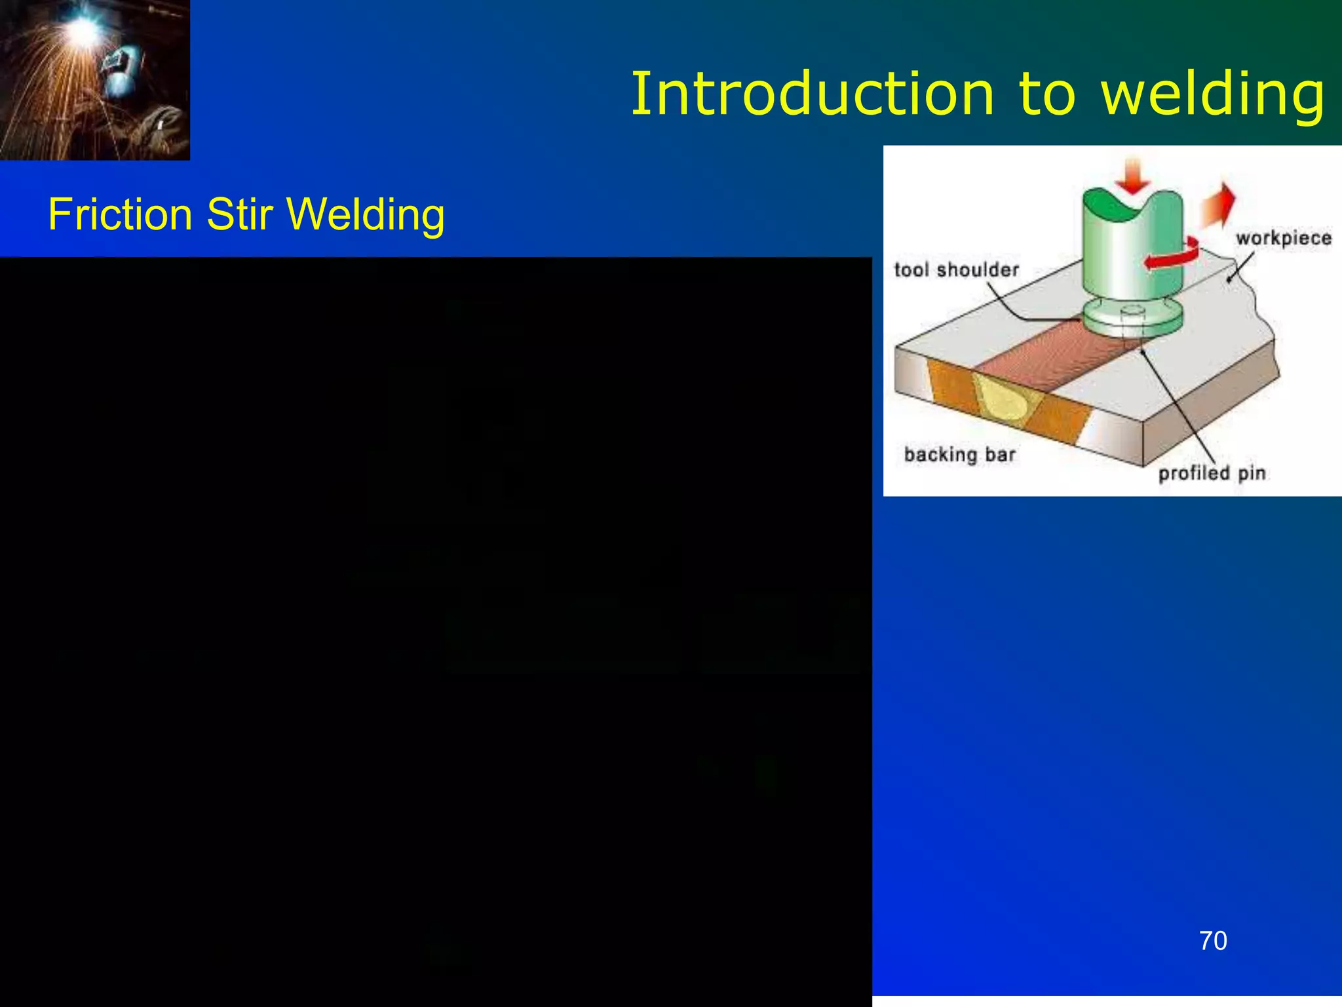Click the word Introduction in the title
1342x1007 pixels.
[x=813, y=95]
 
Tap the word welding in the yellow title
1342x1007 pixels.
[x=1212, y=95]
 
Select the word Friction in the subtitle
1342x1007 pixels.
[x=120, y=214]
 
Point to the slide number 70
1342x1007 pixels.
[x=1213, y=941]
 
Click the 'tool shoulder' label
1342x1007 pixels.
[x=957, y=269]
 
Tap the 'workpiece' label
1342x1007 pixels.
[x=1284, y=237]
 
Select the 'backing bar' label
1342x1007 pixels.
[x=959, y=454]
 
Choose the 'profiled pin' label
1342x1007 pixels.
[x=1212, y=473]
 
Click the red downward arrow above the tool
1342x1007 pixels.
[x=1133, y=174]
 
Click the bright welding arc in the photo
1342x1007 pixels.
[x=83, y=30]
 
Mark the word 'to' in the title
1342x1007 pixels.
[x=1046, y=95]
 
